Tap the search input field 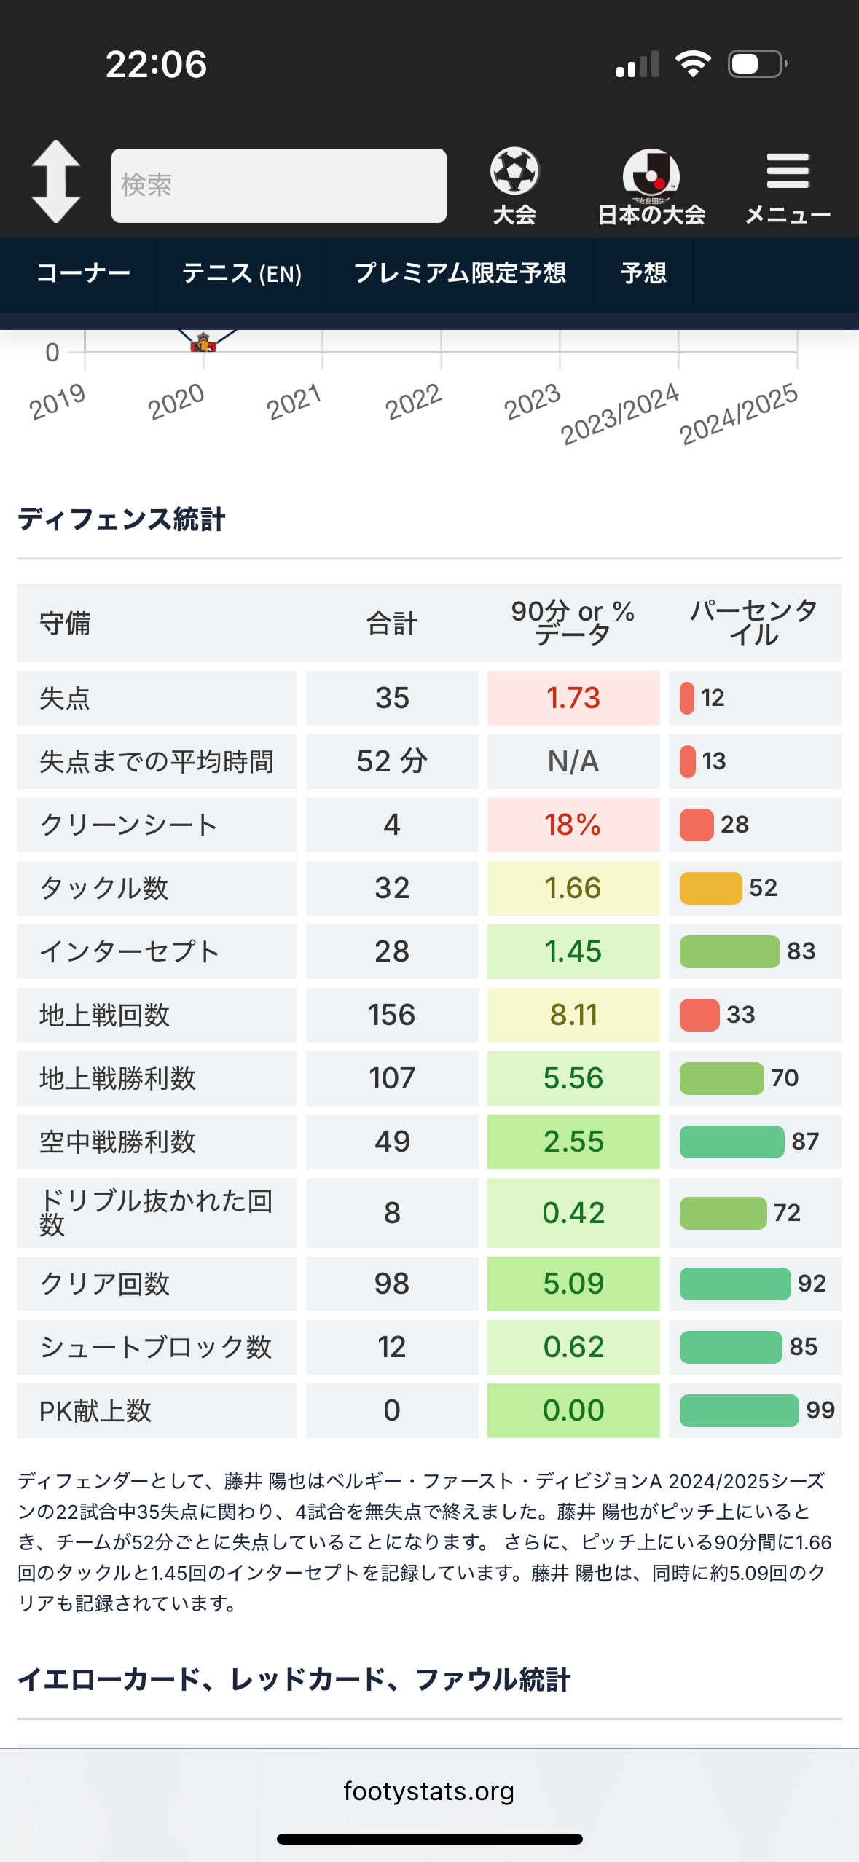278,186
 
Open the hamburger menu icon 788,172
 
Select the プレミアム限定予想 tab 460,274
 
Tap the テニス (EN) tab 241,274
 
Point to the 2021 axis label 294,401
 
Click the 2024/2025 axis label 738,414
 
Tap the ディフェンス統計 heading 122,519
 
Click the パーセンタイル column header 754,623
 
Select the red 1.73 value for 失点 573,698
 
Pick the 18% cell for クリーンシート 573,825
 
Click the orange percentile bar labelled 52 710,888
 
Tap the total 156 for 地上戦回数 392,1015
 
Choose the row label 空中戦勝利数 118,1142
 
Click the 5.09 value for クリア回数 573,1284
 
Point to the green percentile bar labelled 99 739,1410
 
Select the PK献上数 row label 95,1411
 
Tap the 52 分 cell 392,761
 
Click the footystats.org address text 429,1791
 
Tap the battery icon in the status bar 757,64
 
